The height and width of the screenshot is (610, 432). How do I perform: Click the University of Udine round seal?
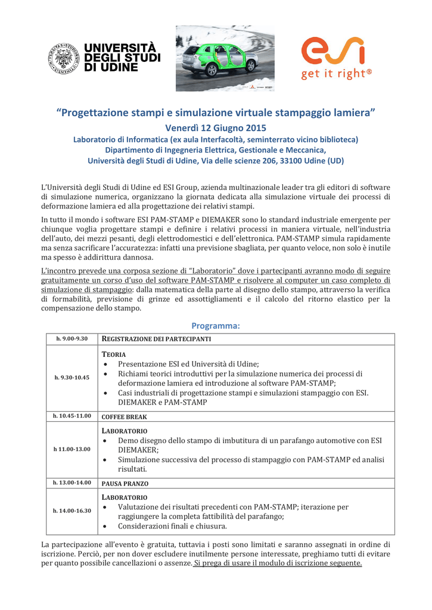click(64, 58)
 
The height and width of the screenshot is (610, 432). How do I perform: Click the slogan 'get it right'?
click(336, 74)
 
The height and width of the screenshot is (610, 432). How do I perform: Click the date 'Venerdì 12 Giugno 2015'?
click(216, 127)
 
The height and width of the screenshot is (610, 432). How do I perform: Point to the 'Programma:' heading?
click(215, 325)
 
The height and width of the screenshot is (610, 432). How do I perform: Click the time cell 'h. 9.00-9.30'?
click(72, 338)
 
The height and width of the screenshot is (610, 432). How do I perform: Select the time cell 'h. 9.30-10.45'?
click(72, 378)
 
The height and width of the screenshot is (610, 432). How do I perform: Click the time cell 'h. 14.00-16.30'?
click(72, 511)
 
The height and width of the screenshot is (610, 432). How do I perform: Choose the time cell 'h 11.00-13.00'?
click(72, 449)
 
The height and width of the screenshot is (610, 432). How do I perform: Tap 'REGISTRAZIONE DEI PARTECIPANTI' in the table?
click(157, 338)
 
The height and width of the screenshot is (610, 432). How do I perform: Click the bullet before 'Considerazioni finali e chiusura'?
click(106, 527)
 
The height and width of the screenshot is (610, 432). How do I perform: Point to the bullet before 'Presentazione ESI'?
click(106, 364)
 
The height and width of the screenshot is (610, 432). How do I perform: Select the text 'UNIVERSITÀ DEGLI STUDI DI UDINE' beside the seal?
click(122, 58)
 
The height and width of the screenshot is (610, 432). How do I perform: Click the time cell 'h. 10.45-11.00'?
click(72, 416)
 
